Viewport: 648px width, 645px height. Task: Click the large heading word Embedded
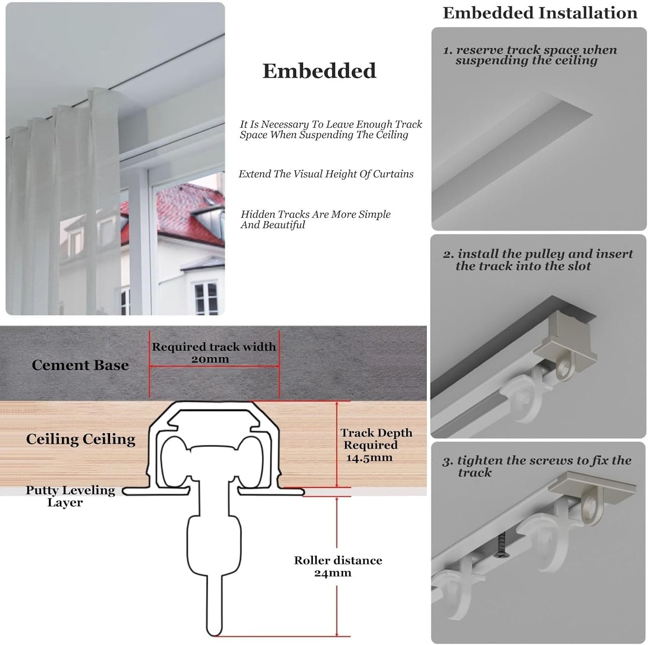coord(319,71)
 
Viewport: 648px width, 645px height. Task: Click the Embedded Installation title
coord(540,13)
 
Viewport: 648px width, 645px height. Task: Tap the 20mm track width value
coord(210,359)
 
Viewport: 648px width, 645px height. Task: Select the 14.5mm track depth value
coord(369,458)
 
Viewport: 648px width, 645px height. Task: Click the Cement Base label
coord(80,365)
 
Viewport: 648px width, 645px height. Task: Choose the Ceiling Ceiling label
coord(81,439)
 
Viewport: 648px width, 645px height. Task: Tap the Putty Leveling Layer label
coord(70,496)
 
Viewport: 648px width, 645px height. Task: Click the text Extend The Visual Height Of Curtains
coord(326,174)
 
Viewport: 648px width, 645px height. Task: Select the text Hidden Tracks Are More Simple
coord(316,215)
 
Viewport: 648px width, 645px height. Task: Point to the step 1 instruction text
coord(530,55)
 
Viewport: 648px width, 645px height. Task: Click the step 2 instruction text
coord(538,260)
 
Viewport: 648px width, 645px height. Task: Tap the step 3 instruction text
coord(537,466)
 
